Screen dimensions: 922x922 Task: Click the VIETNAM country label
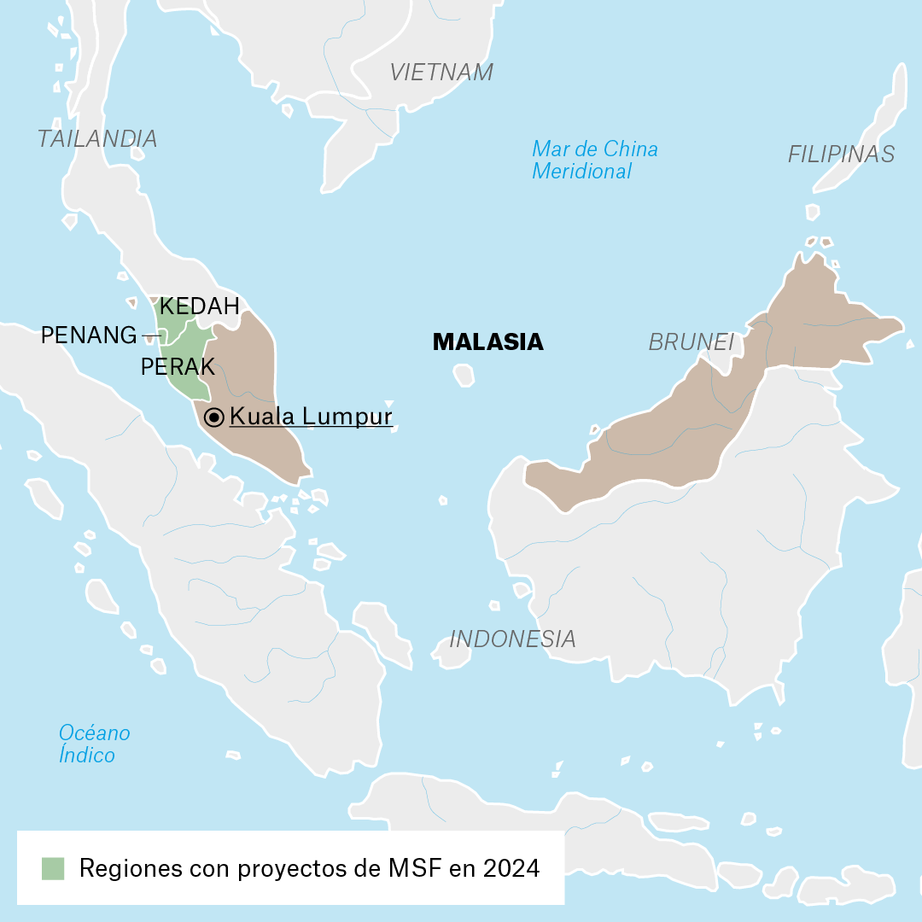pos(441,73)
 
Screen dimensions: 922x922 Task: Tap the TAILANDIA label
pos(97,139)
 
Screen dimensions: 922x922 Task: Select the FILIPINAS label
pos(841,155)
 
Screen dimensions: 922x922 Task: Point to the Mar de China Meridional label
pos(594,160)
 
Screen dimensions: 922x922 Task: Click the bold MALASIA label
pos(487,342)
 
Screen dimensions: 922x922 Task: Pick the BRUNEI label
pos(691,342)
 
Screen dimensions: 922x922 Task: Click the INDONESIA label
pos(512,639)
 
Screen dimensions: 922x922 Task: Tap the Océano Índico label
pos(94,744)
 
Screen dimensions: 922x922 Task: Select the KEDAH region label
pos(200,306)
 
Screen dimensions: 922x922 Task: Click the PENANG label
pos(89,336)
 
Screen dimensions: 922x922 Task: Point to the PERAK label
pos(178,367)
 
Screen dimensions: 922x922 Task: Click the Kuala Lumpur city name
pos(311,417)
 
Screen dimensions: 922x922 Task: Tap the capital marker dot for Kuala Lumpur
pos(214,417)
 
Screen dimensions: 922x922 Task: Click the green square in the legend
pos(53,868)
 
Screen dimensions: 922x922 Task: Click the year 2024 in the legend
pos(511,868)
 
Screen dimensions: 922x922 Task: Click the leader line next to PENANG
pos(151,335)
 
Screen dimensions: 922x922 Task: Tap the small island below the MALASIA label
pos(464,375)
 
